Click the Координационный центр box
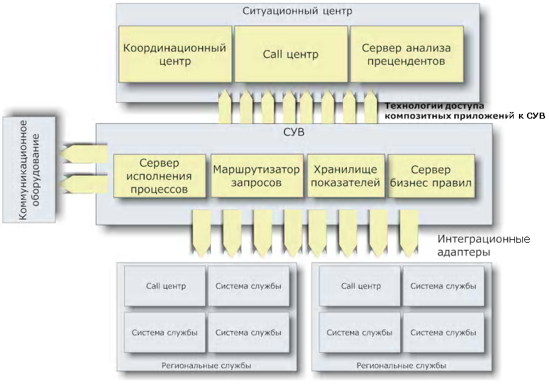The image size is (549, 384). [175, 54]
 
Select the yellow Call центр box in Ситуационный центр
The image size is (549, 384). [291, 54]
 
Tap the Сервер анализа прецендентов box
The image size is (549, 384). [407, 54]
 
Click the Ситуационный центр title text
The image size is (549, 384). [298, 11]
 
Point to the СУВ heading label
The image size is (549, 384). [294, 132]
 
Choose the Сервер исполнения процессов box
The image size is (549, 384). [159, 176]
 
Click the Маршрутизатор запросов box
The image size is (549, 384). [257, 176]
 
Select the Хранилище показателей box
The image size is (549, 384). [346, 176]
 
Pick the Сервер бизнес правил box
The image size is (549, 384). [431, 176]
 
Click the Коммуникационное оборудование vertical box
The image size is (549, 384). [29, 170]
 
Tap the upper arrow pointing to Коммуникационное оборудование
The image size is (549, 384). [83, 154]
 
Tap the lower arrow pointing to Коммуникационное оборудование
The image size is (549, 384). [83, 185]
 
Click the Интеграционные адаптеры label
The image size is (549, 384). [484, 245]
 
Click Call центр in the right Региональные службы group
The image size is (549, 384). [360, 286]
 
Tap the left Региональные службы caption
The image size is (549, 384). [206, 366]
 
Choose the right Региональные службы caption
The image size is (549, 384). [402, 366]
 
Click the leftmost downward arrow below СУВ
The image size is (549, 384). [201, 233]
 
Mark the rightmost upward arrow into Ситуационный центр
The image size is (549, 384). [371, 107]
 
